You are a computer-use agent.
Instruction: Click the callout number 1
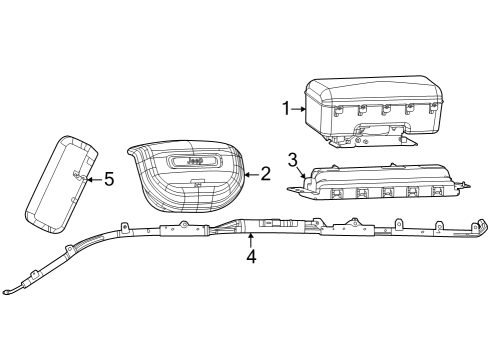286,108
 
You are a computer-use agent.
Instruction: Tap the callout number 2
265,174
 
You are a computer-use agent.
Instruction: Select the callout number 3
292,158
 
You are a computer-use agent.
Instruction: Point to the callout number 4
252,256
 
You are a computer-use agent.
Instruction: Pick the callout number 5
109,180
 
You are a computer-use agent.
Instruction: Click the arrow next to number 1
298,108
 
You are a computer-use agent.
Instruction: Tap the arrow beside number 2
251,174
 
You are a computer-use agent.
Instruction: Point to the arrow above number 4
250,237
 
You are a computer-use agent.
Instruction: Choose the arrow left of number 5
93,180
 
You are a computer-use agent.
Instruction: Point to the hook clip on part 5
77,175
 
